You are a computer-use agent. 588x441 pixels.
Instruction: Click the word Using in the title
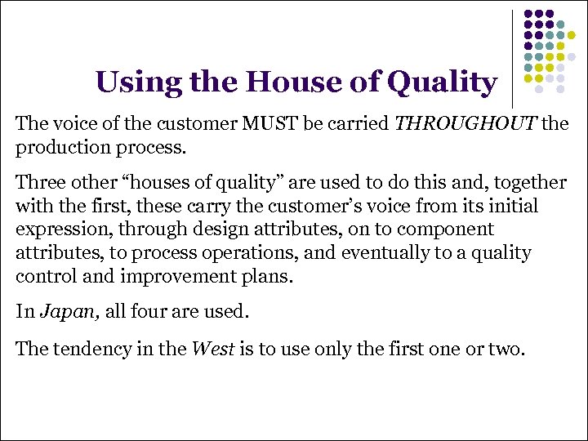point(132,82)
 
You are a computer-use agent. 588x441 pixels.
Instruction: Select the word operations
point(254,254)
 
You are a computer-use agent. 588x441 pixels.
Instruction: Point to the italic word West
point(209,350)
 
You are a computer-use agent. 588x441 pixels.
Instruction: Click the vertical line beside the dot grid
point(513,59)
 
